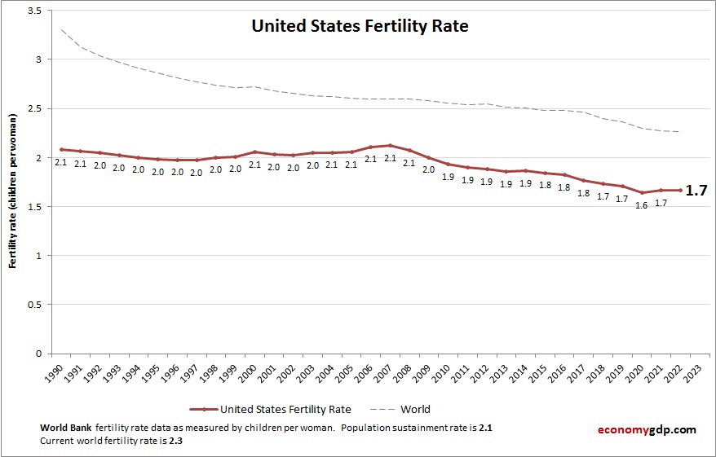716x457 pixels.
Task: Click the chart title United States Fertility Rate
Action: click(x=360, y=26)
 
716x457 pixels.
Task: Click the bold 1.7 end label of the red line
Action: click(x=696, y=191)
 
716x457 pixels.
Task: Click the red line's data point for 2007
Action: click(x=391, y=146)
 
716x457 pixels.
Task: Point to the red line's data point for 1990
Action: click(x=60, y=149)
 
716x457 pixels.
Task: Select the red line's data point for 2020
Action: click(x=643, y=193)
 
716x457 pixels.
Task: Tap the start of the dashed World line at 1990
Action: click(x=60, y=29)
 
